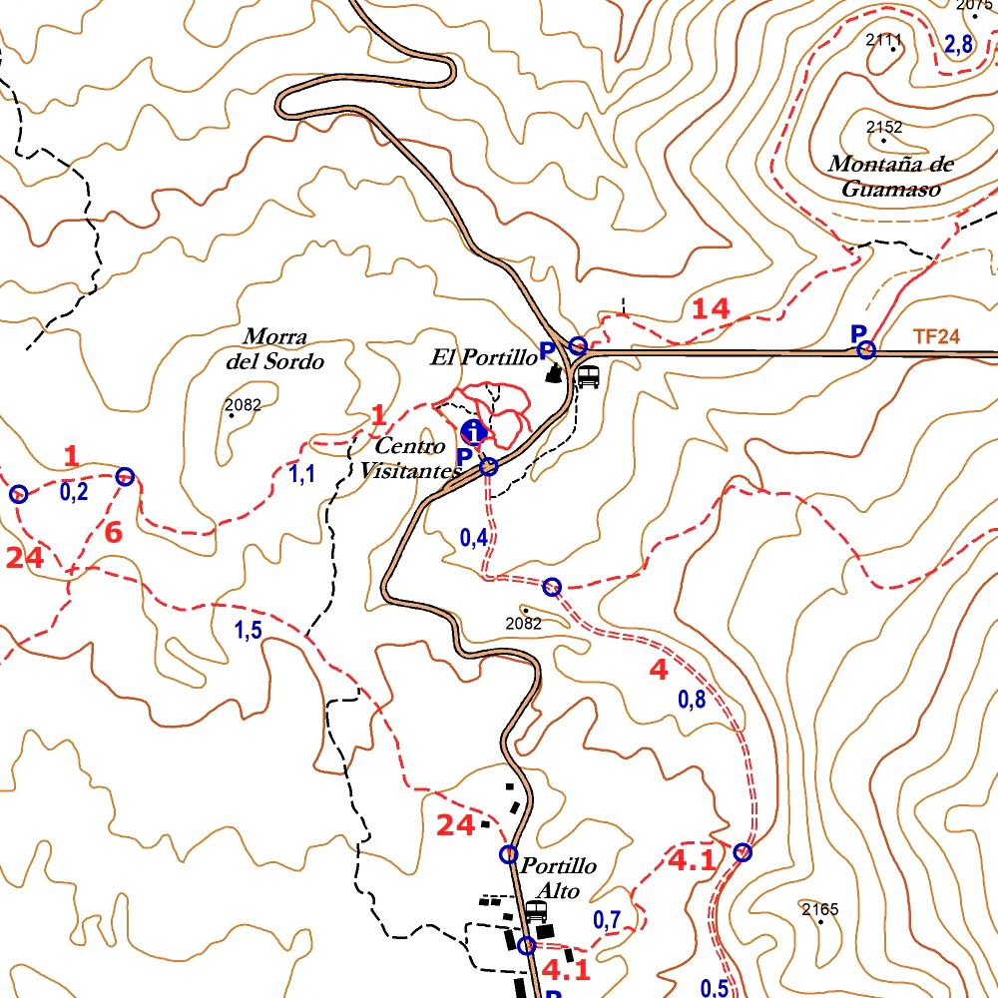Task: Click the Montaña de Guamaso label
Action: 890,177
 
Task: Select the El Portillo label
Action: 484,357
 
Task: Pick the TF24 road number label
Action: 935,337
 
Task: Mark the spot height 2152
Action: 884,128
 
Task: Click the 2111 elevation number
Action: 884,41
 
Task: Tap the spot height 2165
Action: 820,909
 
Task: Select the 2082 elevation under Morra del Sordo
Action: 243,405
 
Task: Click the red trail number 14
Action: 712,309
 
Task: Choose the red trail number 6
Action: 113,533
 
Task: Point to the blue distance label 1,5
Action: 249,631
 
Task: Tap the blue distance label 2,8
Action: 958,44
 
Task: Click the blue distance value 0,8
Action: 692,700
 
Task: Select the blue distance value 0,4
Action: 474,538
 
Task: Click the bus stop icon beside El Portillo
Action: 589,376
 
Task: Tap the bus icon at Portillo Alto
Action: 536,910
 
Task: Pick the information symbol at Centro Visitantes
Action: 474,431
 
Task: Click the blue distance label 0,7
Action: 608,920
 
